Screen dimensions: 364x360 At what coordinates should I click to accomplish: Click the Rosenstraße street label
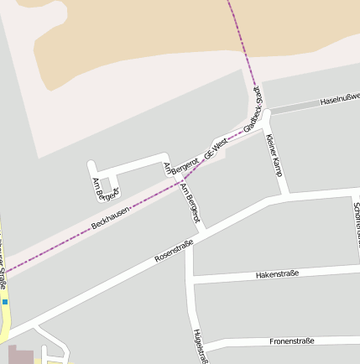point(175,252)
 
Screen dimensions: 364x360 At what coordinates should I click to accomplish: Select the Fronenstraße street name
point(292,341)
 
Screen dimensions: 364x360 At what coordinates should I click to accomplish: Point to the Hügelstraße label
point(199,346)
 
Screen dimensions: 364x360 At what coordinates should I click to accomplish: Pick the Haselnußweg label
point(339,101)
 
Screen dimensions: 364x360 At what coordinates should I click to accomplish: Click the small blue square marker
point(5,301)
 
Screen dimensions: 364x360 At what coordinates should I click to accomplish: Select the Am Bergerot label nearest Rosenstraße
point(192,204)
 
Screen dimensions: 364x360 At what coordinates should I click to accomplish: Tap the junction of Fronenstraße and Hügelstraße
point(202,348)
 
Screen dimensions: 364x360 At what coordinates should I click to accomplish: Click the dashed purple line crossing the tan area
point(240,42)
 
